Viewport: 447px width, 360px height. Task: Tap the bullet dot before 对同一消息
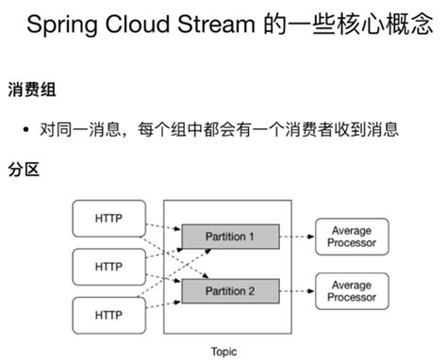[26, 130]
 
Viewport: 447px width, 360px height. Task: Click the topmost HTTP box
[108, 218]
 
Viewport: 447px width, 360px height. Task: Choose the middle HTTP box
[108, 267]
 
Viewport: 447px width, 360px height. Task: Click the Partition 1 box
[230, 237]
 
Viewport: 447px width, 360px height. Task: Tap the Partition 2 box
[230, 290]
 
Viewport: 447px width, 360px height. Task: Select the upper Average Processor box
[351, 237]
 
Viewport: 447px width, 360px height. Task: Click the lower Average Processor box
[351, 290]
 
